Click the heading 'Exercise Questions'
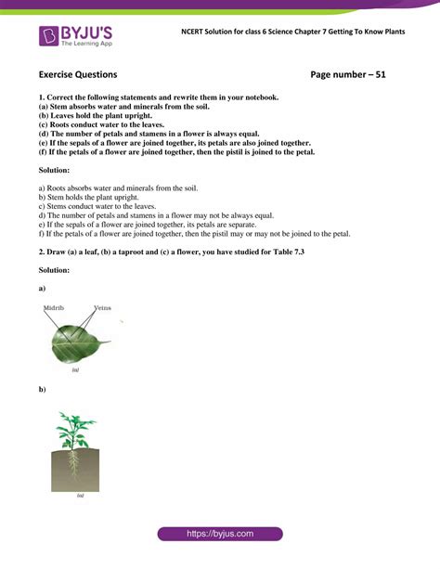coord(78,73)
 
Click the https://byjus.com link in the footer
coord(219,534)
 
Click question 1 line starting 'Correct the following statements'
coord(158,97)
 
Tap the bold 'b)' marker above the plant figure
coord(43,389)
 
